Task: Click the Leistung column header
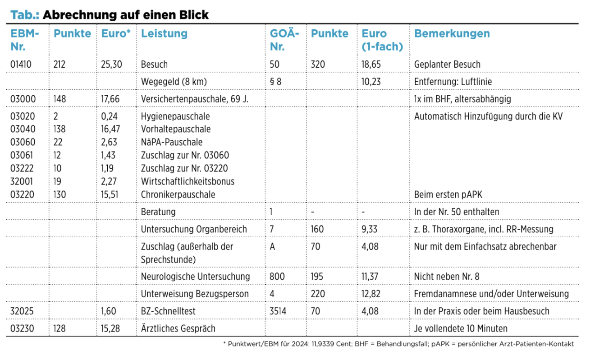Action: pos(164,33)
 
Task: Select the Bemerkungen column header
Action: pos(452,33)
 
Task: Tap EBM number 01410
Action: pos(21,65)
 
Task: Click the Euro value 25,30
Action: pos(112,65)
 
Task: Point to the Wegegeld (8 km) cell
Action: pos(174,82)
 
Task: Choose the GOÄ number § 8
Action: pos(275,82)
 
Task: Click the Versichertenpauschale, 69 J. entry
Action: pos(194,99)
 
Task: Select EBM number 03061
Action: pos(22,155)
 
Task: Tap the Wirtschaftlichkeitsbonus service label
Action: pos(188,182)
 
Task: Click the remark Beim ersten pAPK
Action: pos(448,194)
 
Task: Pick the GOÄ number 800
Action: pos(277,277)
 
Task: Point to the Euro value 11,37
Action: pos(370,277)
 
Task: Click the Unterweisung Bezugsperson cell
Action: pos(195,294)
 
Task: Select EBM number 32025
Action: pos(22,311)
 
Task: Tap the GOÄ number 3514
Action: pos(278,311)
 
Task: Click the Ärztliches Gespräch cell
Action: pos(178,328)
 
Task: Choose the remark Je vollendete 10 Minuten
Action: pos(461,328)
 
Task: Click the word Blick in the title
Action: pos(194,15)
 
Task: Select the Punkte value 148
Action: pos(59,99)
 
